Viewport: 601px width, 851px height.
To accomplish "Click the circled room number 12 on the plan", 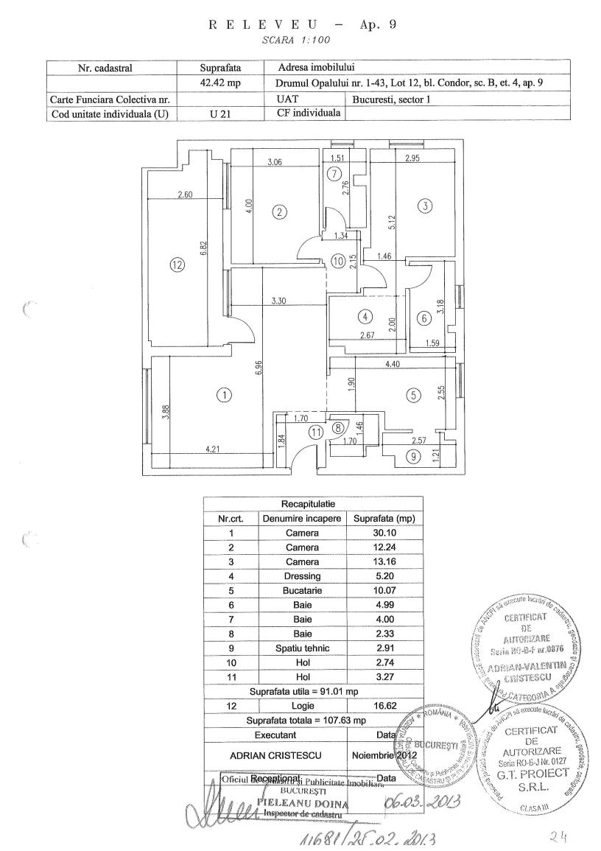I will tap(177, 266).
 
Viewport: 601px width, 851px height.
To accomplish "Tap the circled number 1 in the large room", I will tap(224, 395).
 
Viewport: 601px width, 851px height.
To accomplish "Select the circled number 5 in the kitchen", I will tap(413, 396).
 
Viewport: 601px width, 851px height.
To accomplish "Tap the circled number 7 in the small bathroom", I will tap(335, 175).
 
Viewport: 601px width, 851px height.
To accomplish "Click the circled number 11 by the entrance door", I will tap(315, 433).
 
